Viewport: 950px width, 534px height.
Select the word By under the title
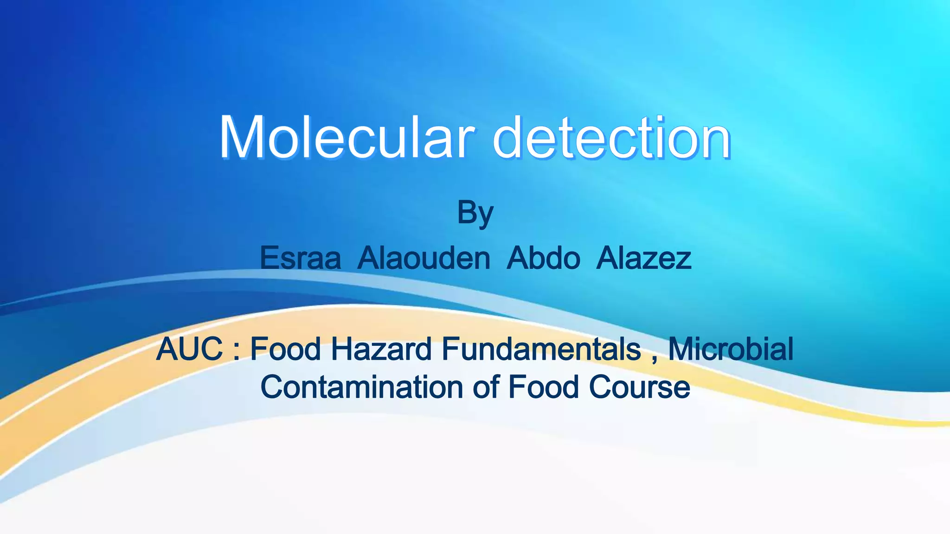(x=475, y=213)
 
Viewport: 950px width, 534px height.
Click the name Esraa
(x=300, y=258)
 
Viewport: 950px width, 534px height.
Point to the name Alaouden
(x=424, y=258)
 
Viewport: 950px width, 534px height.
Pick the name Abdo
(x=543, y=258)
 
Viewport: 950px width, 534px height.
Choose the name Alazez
(x=644, y=258)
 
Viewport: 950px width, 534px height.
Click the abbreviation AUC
(x=190, y=349)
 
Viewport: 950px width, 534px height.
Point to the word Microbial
(x=731, y=349)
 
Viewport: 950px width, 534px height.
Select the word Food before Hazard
(x=285, y=349)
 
